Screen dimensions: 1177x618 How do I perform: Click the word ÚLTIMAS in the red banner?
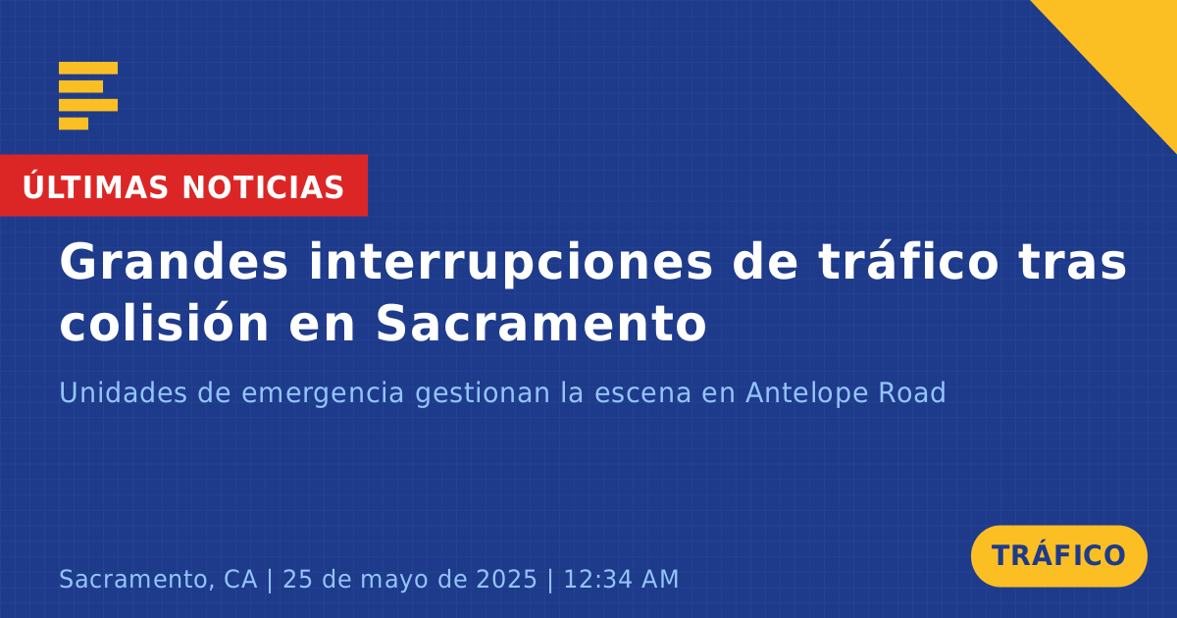[95, 186]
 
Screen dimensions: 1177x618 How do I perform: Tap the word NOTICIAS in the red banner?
[263, 187]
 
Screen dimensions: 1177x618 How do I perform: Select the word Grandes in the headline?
[174, 262]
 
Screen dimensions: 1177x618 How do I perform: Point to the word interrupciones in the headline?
[510, 264]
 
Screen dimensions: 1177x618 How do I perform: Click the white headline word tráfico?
[908, 261]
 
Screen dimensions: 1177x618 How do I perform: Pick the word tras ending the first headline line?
[1072, 264]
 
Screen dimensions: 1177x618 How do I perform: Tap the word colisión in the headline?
[164, 321]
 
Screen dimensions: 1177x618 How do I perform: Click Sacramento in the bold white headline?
[541, 323]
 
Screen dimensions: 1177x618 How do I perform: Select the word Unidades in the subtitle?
[123, 392]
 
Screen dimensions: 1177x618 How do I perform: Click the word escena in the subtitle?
[642, 393]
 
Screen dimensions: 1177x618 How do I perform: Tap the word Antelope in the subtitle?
[805, 394]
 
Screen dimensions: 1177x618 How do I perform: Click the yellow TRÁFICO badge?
[1058, 555]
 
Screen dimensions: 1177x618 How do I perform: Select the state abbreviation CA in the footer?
[240, 579]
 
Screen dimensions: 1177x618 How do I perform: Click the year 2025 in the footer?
[506, 579]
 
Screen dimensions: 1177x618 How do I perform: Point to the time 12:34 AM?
[621, 579]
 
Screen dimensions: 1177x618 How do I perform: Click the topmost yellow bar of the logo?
[88, 68]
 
